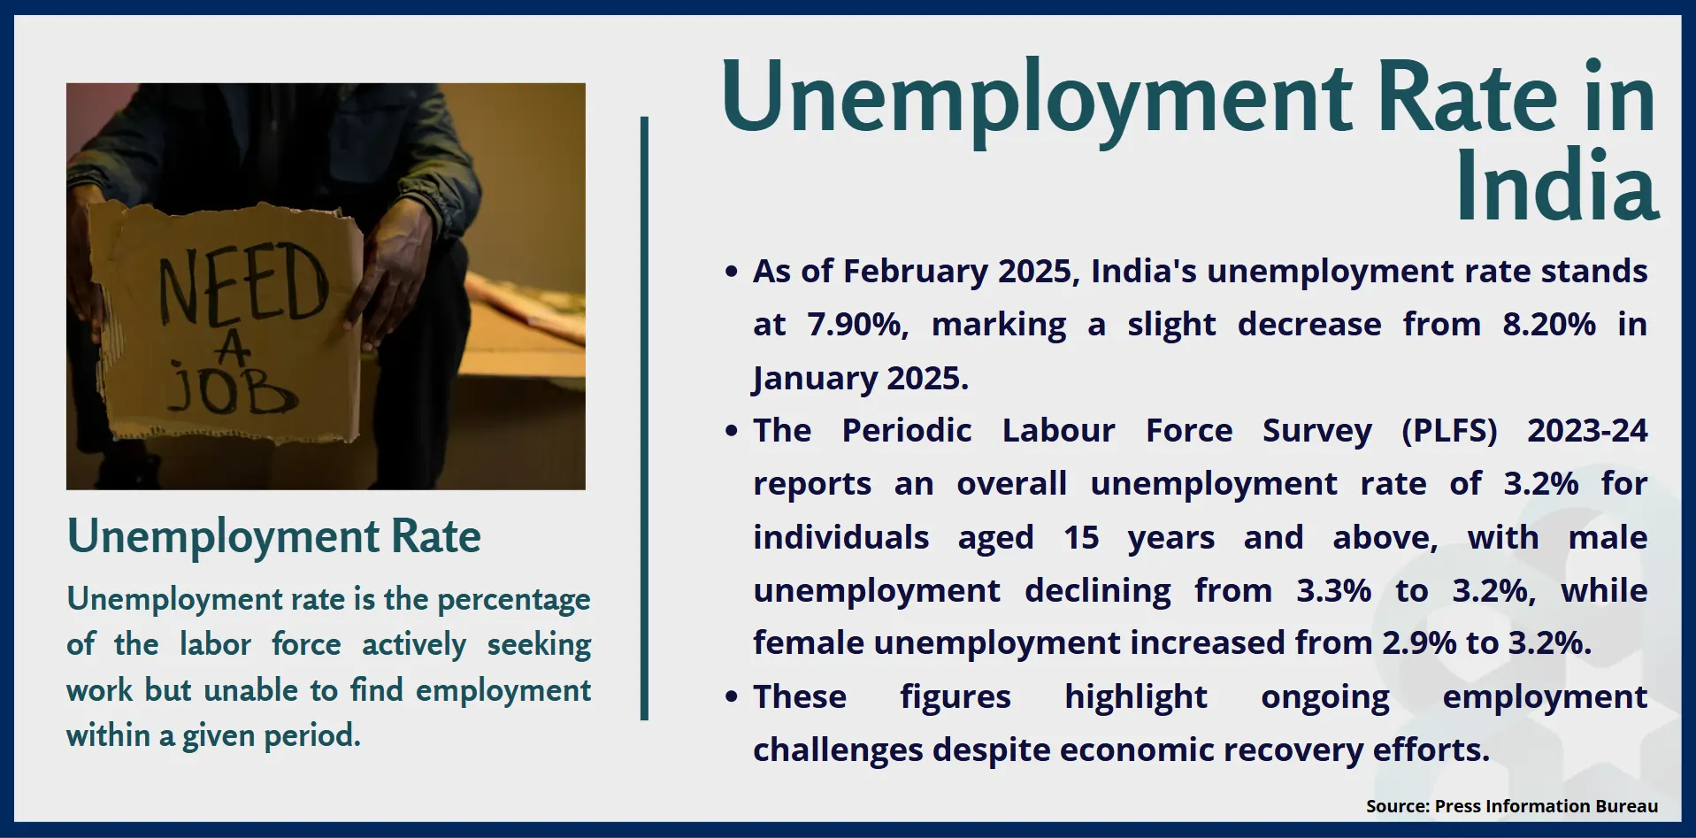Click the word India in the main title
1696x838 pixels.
click(1557, 186)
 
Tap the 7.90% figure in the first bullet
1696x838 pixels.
click(858, 325)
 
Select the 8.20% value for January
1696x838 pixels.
click(1549, 324)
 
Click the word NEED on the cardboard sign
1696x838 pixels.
click(243, 283)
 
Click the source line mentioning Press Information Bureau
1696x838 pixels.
click(1511, 806)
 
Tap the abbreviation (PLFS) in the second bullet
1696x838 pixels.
click(1449, 431)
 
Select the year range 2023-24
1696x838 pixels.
click(1587, 430)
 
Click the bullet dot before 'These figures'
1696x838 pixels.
click(731, 697)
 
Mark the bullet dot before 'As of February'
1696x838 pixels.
click(731, 272)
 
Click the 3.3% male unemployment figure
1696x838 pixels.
click(1333, 590)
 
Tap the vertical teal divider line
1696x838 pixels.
click(644, 419)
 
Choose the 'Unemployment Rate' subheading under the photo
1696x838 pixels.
click(274, 537)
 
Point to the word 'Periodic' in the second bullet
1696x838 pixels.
click(907, 430)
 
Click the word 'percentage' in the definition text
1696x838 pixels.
click(514, 600)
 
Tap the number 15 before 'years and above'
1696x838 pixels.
click(1081, 537)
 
